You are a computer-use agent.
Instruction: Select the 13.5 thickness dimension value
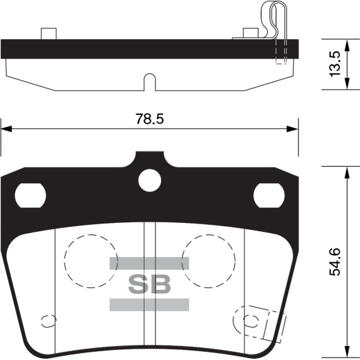tap(335, 63)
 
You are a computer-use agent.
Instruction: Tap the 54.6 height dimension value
tap(335, 261)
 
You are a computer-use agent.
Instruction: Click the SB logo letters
tap(150, 284)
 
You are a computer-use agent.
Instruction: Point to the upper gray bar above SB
tap(150, 263)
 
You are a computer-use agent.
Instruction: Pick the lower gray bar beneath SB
tap(150, 305)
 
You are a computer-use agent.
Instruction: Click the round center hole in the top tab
tap(150, 180)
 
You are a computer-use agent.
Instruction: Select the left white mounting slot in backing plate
tap(30, 195)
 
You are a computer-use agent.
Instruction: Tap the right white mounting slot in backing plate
tap(269, 195)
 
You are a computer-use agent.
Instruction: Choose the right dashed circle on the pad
tap(208, 259)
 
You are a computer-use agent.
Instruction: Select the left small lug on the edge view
tap(49, 33)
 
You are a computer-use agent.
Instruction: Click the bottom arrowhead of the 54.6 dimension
tap(346, 352)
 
